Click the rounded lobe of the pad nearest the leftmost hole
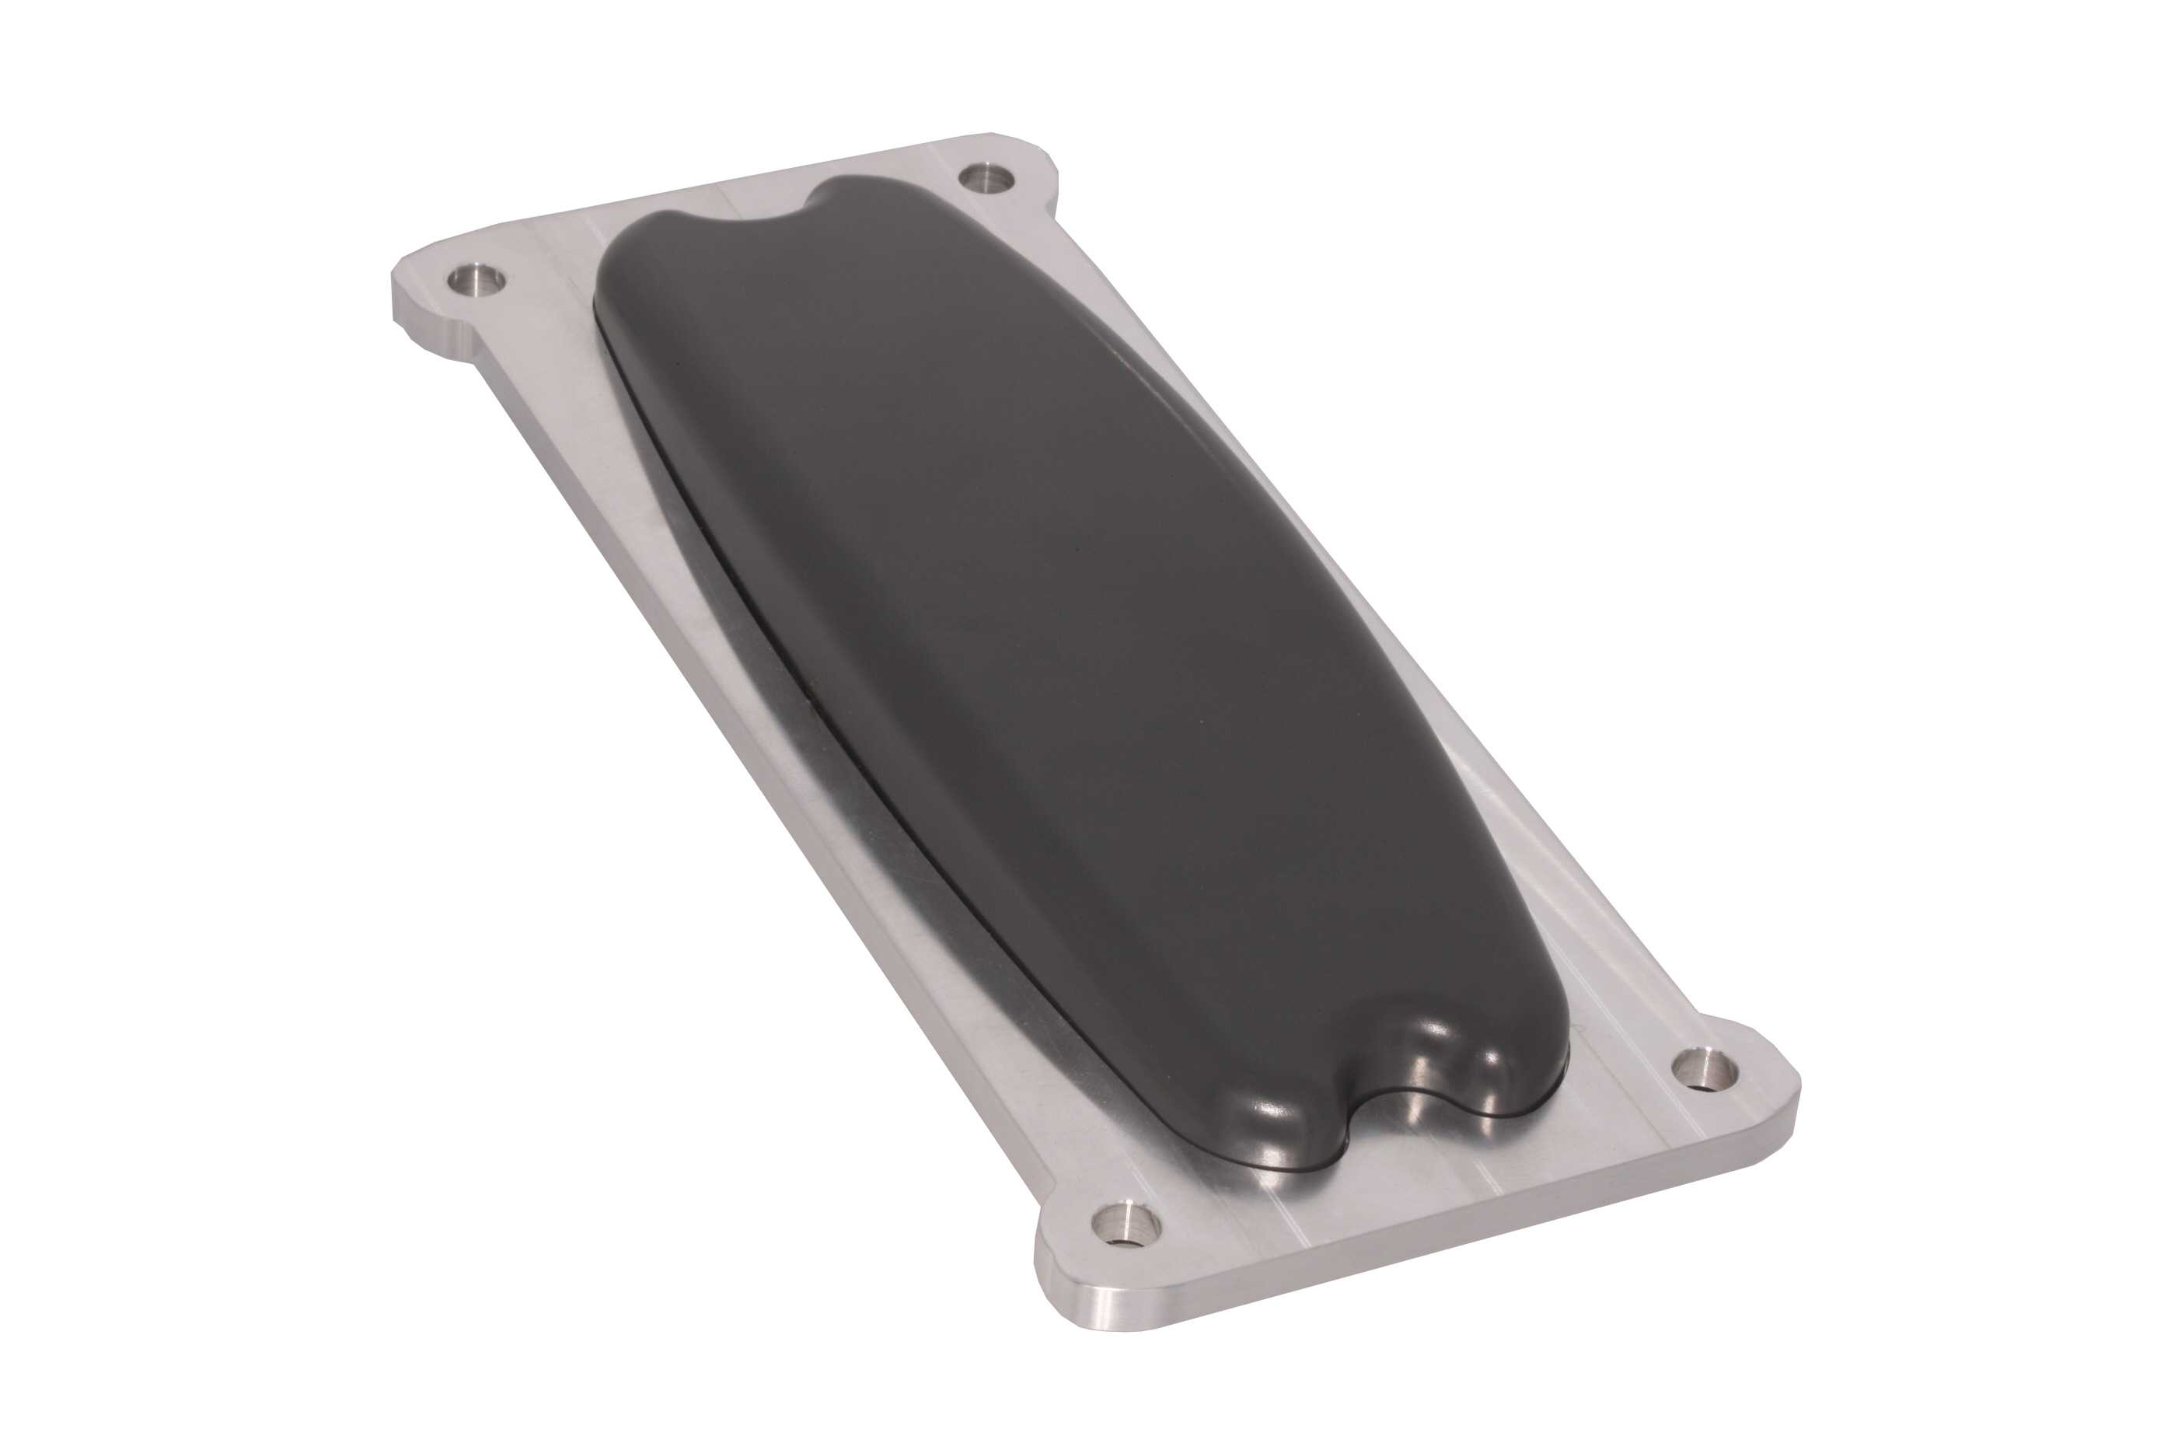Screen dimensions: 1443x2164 click(x=644, y=262)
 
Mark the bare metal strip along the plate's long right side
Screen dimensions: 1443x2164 click(x=1380, y=645)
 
